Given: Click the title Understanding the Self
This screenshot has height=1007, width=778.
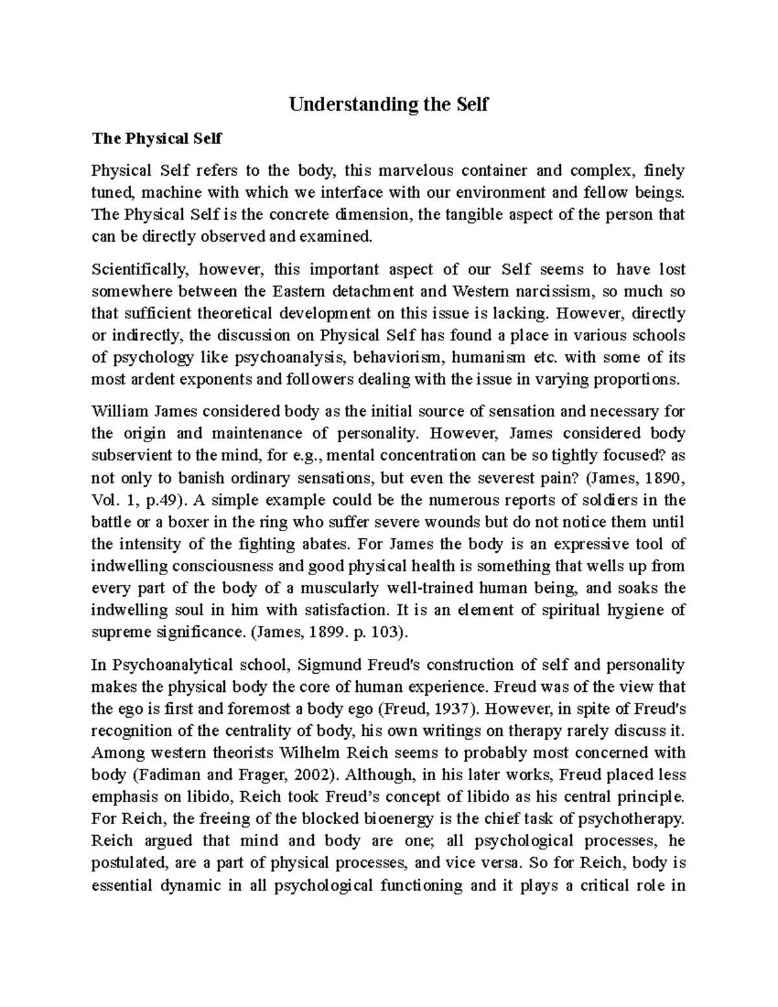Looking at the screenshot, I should [x=388, y=104].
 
